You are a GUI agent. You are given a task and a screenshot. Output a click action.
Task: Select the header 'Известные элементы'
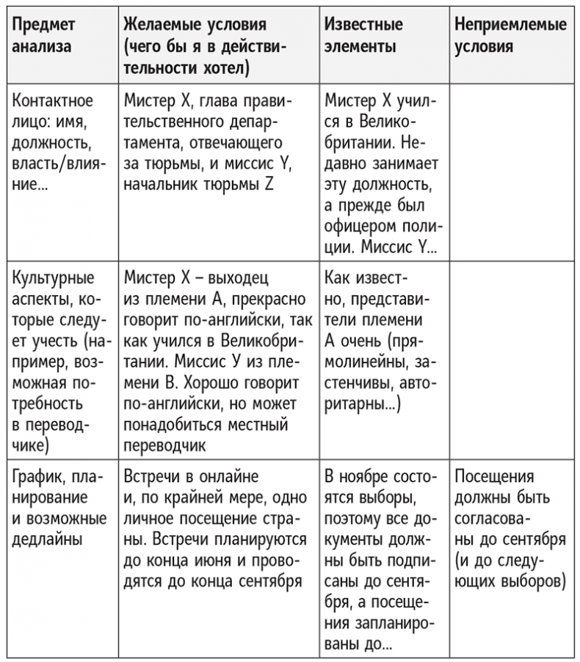(x=363, y=35)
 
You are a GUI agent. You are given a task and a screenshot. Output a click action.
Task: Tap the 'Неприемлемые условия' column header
(x=510, y=35)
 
